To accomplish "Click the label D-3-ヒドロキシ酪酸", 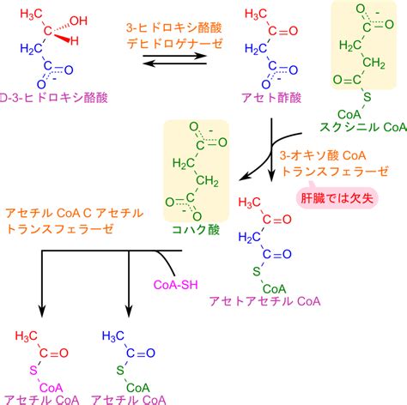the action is [53, 98].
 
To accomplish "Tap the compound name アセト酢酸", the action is [271, 98].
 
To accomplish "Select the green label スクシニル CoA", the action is [363, 127].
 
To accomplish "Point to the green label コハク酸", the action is [196, 229].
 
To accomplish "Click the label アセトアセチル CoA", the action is [264, 301].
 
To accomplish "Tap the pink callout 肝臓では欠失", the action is [337, 198].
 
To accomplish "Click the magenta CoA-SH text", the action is [175, 285].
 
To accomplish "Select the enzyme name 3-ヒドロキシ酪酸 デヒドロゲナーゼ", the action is [174, 36].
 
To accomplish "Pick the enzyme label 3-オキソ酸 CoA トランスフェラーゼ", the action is [334, 164].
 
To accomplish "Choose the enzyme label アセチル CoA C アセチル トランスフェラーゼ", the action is [75, 221].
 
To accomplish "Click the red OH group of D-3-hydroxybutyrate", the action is [78, 21].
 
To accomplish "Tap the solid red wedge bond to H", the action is [62, 39].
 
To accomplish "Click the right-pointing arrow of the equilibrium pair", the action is [174, 56].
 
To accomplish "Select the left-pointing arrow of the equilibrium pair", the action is [174, 63].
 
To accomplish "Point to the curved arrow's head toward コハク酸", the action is [244, 178].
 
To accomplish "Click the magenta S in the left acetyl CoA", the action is [33, 371].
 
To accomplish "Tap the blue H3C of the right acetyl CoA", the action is [113, 335].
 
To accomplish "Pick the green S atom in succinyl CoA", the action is [368, 97].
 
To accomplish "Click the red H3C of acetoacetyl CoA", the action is [249, 202].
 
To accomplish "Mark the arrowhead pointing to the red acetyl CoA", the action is [42, 311].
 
